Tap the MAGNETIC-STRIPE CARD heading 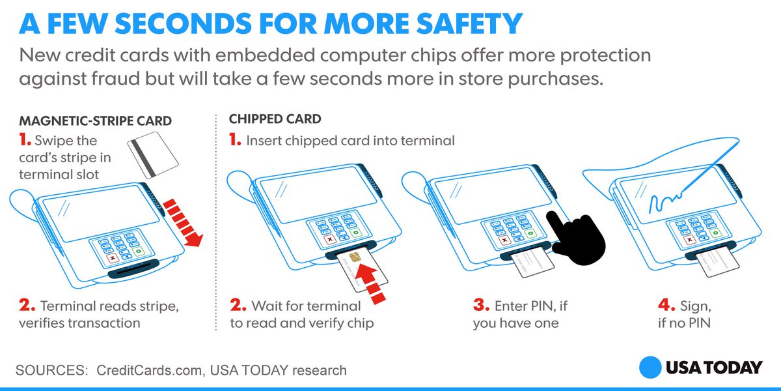[95, 121]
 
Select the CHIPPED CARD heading [275, 119]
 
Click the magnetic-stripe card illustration [153, 154]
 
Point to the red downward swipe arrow [183, 223]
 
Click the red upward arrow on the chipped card [371, 283]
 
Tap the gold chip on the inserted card [355, 257]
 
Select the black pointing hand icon [576, 238]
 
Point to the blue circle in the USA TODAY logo [650, 368]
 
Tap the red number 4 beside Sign [666, 305]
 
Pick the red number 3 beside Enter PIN [481, 305]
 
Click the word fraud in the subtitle [115, 78]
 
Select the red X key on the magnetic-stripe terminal [113, 258]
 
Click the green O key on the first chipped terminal [355, 232]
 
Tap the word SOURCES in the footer [51, 370]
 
